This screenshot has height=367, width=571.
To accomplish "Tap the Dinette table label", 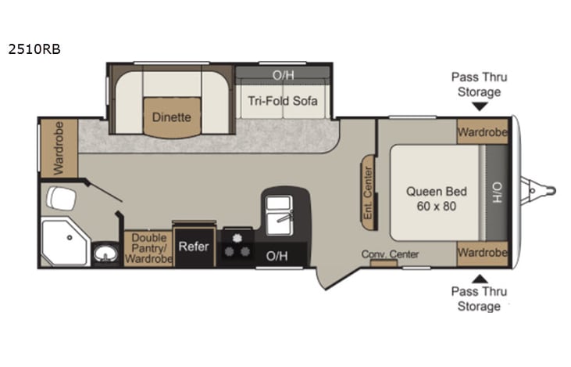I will click(171, 117).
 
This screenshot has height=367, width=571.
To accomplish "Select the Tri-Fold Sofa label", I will click(283, 102).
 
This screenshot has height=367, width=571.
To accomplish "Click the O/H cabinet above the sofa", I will click(282, 76).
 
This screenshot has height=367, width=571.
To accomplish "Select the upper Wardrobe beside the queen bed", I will click(482, 131).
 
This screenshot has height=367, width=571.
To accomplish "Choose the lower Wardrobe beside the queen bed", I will click(482, 252).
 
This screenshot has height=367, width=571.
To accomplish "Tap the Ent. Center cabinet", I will click(368, 192).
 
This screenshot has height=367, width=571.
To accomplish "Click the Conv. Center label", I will click(390, 254).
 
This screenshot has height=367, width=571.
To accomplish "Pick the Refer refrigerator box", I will click(194, 246).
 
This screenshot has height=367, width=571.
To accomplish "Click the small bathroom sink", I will click(105, 254).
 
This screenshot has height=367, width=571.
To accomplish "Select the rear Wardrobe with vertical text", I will click(59, 147).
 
